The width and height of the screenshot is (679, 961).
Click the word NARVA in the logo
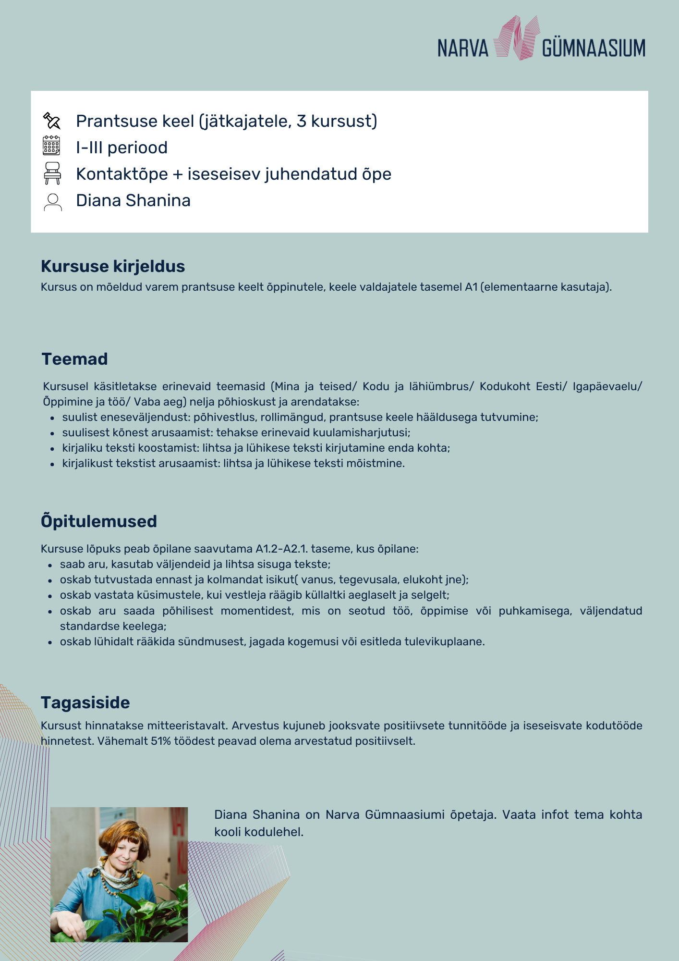462,49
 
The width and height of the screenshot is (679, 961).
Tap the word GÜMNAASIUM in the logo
594,49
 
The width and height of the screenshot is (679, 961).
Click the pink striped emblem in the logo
517,38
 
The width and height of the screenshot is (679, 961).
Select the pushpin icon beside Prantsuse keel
52,121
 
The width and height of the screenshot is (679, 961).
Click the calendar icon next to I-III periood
51,146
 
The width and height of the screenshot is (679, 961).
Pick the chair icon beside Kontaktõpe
52,173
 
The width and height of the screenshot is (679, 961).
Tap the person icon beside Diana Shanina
52,202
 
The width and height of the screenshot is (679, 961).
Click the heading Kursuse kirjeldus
113,266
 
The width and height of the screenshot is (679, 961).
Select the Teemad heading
74,359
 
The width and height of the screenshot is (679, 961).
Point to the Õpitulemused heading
99,521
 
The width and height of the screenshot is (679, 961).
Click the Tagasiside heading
85,702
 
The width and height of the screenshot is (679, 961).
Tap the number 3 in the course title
301,121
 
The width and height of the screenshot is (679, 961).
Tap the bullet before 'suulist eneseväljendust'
52,418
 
